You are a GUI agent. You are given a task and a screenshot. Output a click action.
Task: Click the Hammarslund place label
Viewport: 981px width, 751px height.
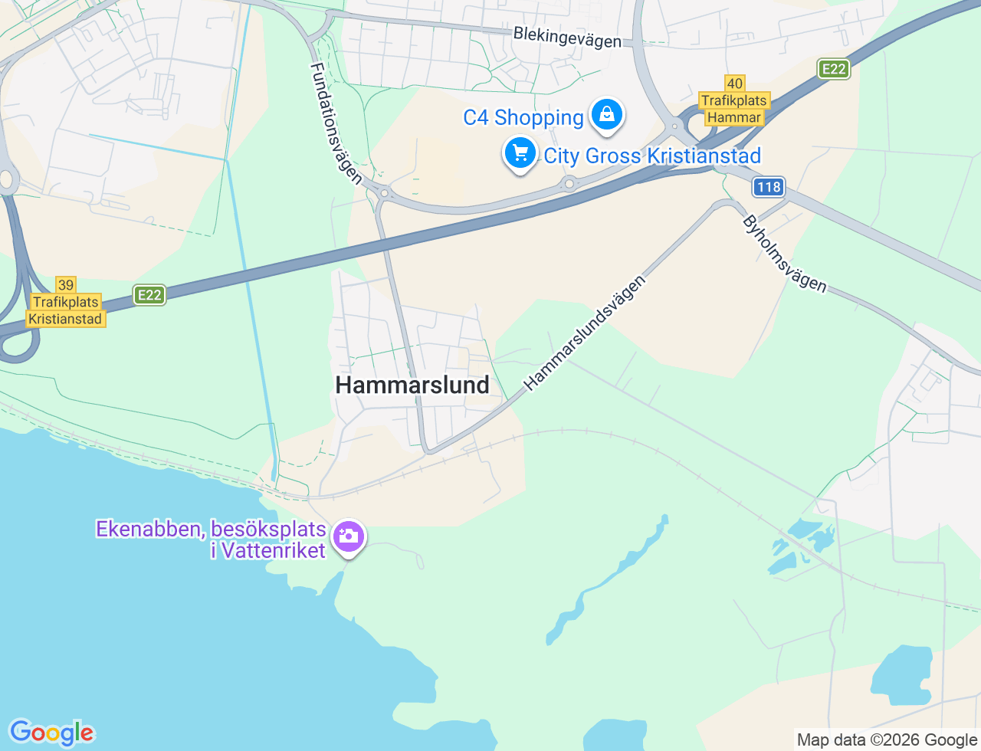412,385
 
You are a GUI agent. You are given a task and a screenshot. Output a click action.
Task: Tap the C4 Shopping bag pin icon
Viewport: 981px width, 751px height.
607,115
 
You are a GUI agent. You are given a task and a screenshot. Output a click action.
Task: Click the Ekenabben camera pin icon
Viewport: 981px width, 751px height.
349,536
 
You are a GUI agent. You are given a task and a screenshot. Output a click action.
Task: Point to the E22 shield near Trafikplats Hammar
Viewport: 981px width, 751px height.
833,69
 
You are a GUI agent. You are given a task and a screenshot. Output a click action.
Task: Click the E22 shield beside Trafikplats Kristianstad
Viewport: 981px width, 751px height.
149,295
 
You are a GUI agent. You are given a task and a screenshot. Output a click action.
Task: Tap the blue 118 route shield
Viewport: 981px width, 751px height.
768,186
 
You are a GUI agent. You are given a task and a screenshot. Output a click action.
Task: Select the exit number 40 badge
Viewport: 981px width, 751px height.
734,84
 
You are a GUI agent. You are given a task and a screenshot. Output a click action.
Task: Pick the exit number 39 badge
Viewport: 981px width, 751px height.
66,285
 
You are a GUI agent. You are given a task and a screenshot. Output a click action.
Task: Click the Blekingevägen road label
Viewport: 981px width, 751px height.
567,37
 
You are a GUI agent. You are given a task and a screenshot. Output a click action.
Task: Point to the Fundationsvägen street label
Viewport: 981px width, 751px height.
336,123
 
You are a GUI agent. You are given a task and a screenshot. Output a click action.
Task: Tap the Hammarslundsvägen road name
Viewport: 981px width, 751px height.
586,333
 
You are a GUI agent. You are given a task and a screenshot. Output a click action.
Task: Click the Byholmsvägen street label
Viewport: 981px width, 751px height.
785,254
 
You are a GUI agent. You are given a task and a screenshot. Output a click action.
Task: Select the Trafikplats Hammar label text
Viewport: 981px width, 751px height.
734,109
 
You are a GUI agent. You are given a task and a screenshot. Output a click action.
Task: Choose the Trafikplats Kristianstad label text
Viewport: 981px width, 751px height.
65,310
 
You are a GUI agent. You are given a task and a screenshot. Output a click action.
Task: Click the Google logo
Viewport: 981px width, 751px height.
51,733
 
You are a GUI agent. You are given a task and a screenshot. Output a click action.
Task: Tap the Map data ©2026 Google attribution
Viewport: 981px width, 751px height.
887,740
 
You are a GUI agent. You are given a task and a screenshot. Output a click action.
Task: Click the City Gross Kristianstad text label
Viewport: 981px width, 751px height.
652,156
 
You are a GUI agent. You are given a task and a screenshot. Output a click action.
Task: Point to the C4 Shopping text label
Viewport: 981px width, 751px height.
523,117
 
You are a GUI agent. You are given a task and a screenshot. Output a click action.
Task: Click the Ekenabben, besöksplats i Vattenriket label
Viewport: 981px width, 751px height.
211,539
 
